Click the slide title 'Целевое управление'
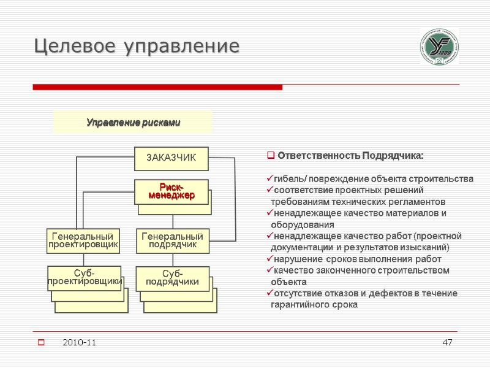pos(136,46)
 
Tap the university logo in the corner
pos(439,47)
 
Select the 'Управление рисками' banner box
pos(133,123)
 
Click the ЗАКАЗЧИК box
pos(171,158)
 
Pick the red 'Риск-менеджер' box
pos(171,191)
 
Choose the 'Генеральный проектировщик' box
pos(83,241)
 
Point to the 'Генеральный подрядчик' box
pos(173,240)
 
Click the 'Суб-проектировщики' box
pos(85,277)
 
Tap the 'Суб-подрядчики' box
pos(172,277)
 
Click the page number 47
pos(447,342)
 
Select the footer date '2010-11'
pos(79,342)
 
